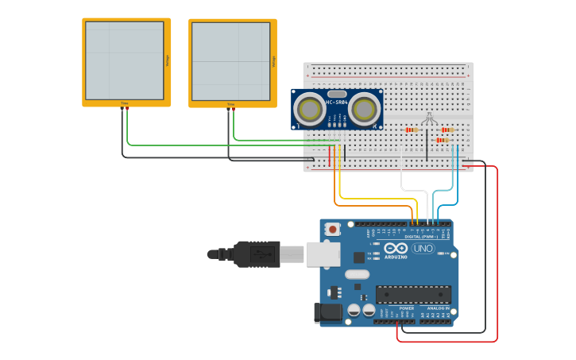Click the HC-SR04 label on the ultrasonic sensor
pos(337,102)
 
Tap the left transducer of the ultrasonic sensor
pos(307,109)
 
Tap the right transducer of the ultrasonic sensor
pos(365,109)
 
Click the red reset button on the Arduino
pos(333,229)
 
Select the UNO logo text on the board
pos(423,249)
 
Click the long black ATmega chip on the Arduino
pos(412,294)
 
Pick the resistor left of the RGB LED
pos(412,130)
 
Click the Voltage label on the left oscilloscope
pos(167,60)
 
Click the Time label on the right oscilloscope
pos(231,104)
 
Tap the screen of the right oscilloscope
pos(230,61)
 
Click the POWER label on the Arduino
pos(406,308)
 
